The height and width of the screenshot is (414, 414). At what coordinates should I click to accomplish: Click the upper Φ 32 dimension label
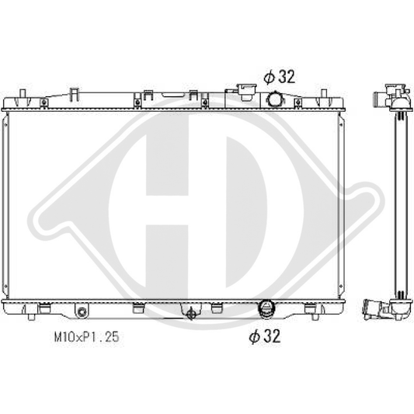pyautogui.click(x=279, y=77)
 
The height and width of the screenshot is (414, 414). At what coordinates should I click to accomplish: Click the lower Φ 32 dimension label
pyautogui.click(x=265, y=336)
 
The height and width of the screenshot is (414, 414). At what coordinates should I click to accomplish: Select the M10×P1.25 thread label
pyautogui.click(x=86, y=337)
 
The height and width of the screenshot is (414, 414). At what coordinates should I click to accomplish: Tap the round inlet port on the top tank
pyautogui.click(x=274, y=99)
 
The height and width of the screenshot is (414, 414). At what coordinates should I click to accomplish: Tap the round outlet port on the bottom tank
pyautogui.click(x=267, y=308)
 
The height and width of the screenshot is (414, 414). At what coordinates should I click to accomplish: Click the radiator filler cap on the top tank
pyautogui.click(x=247, y=92)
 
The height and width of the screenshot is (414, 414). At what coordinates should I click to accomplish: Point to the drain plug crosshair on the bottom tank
pyautogui.click(x=191, y=314)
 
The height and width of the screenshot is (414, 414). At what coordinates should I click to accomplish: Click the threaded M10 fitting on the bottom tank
pyautogui.click(x=82, y=311)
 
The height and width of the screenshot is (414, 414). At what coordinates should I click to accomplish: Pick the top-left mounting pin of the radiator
pyautogui.click(x=23, y=93)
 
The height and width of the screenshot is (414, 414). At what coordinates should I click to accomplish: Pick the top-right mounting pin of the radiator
pyautogui.click(x=324, y=93)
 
